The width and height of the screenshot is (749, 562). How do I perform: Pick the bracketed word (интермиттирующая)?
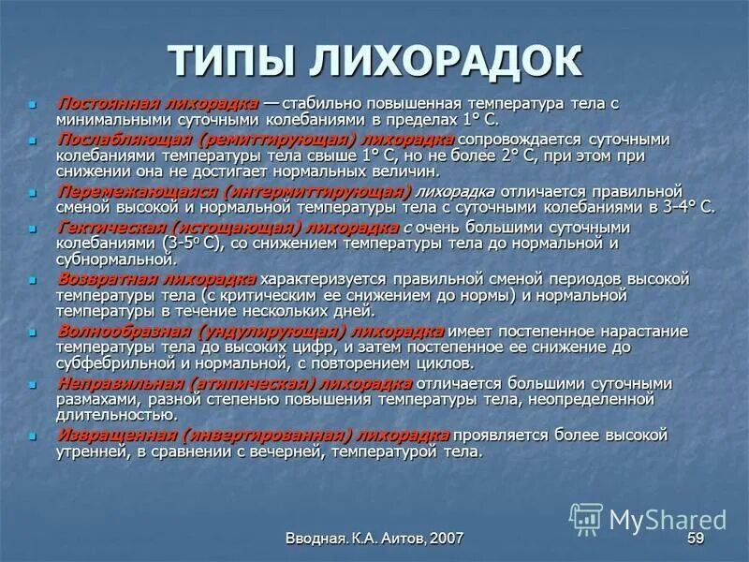(x=308, y=190)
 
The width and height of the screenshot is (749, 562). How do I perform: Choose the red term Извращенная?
(x=117, y=435)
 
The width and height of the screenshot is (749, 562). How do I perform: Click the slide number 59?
(x=695, y=538)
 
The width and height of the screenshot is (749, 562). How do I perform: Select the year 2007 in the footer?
(x=446, y=538)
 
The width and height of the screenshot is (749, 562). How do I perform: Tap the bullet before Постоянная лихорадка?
(x=34, y=103)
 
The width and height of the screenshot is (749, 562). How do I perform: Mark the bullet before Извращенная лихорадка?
(x=34, y=436)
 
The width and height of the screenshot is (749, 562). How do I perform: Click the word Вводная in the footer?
(x=316, y=538)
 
